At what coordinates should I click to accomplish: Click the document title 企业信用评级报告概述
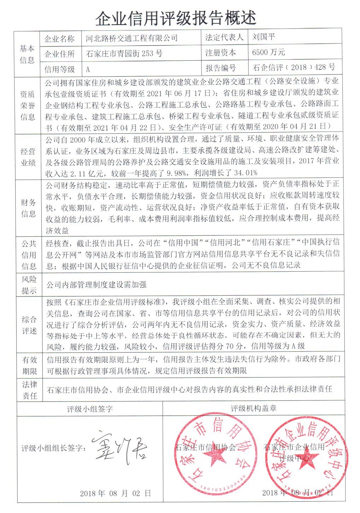176,17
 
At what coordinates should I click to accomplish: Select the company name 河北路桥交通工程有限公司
132,38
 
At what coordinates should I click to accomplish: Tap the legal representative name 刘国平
263,37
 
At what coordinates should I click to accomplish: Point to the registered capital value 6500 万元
268,52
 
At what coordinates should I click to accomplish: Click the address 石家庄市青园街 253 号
124,54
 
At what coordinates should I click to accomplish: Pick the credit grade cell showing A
88,69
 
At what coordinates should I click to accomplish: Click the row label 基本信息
27,54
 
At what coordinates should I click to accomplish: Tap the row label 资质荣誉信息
28,105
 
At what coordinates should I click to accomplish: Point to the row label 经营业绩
28,157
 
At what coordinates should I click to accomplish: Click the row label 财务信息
28,208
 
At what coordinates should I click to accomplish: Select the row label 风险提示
29,285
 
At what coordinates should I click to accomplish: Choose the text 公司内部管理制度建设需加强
96,284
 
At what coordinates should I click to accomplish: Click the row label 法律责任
30,390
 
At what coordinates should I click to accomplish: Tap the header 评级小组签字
90,409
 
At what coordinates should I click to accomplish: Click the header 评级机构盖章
254,409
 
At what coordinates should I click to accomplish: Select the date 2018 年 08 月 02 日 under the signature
115,493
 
